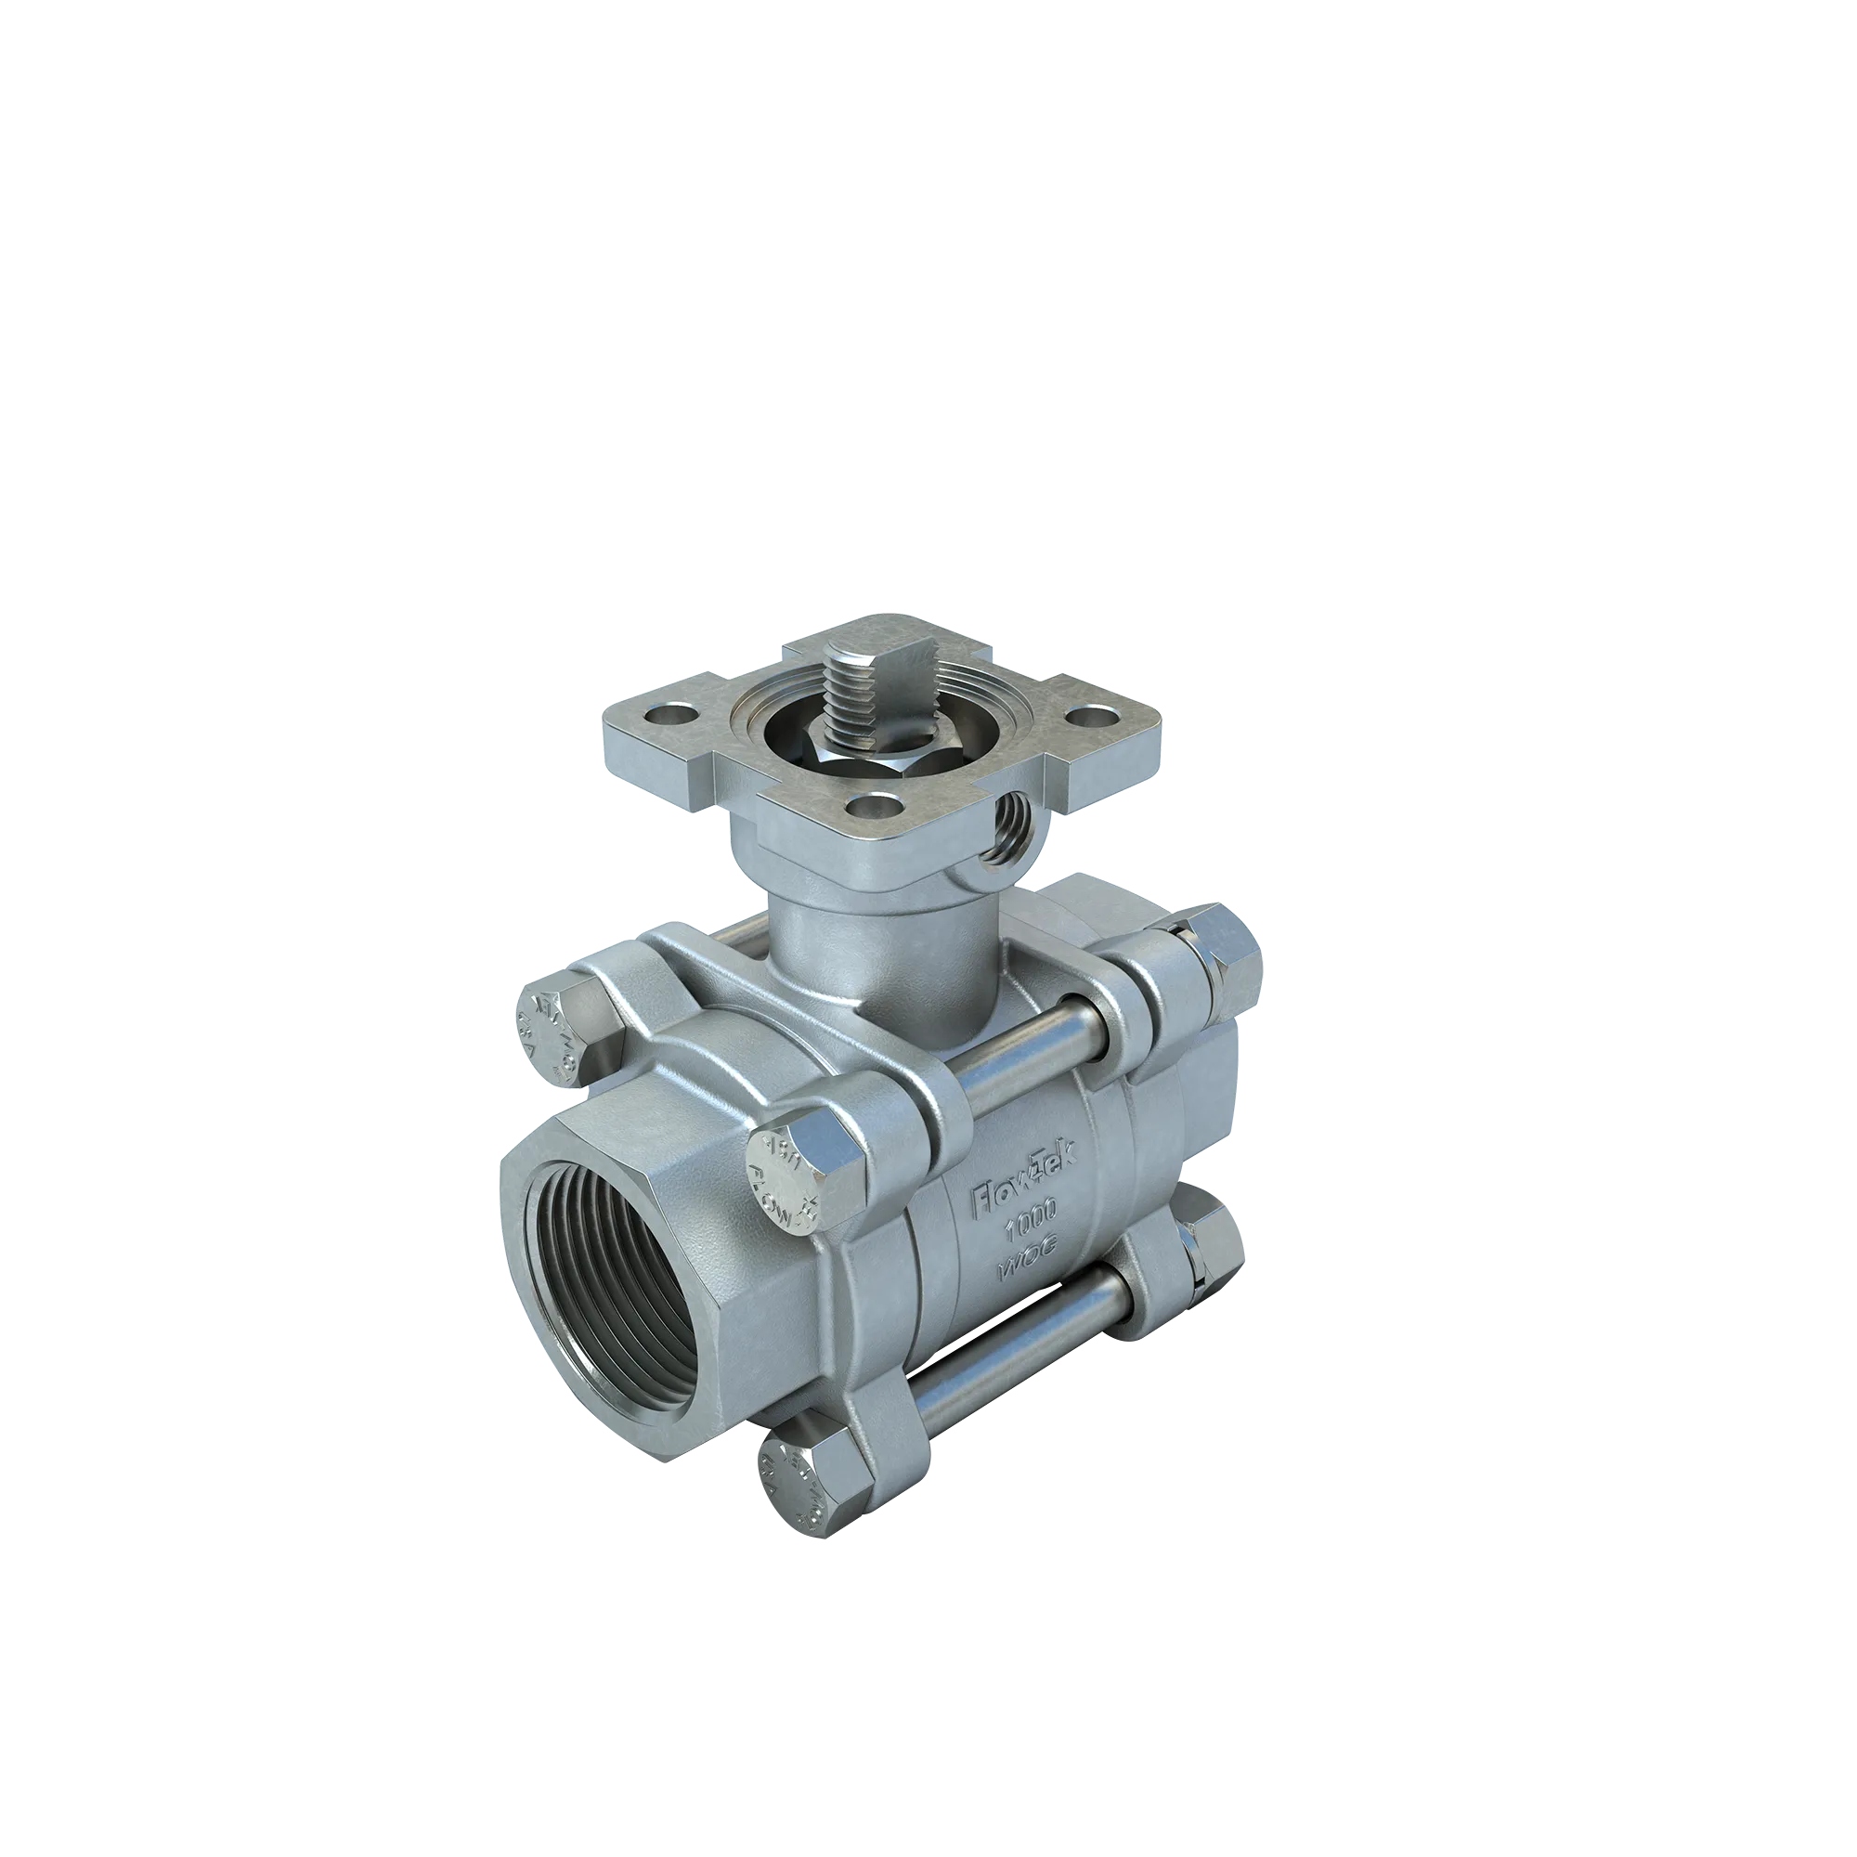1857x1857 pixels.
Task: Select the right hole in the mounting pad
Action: point(1084,715)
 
